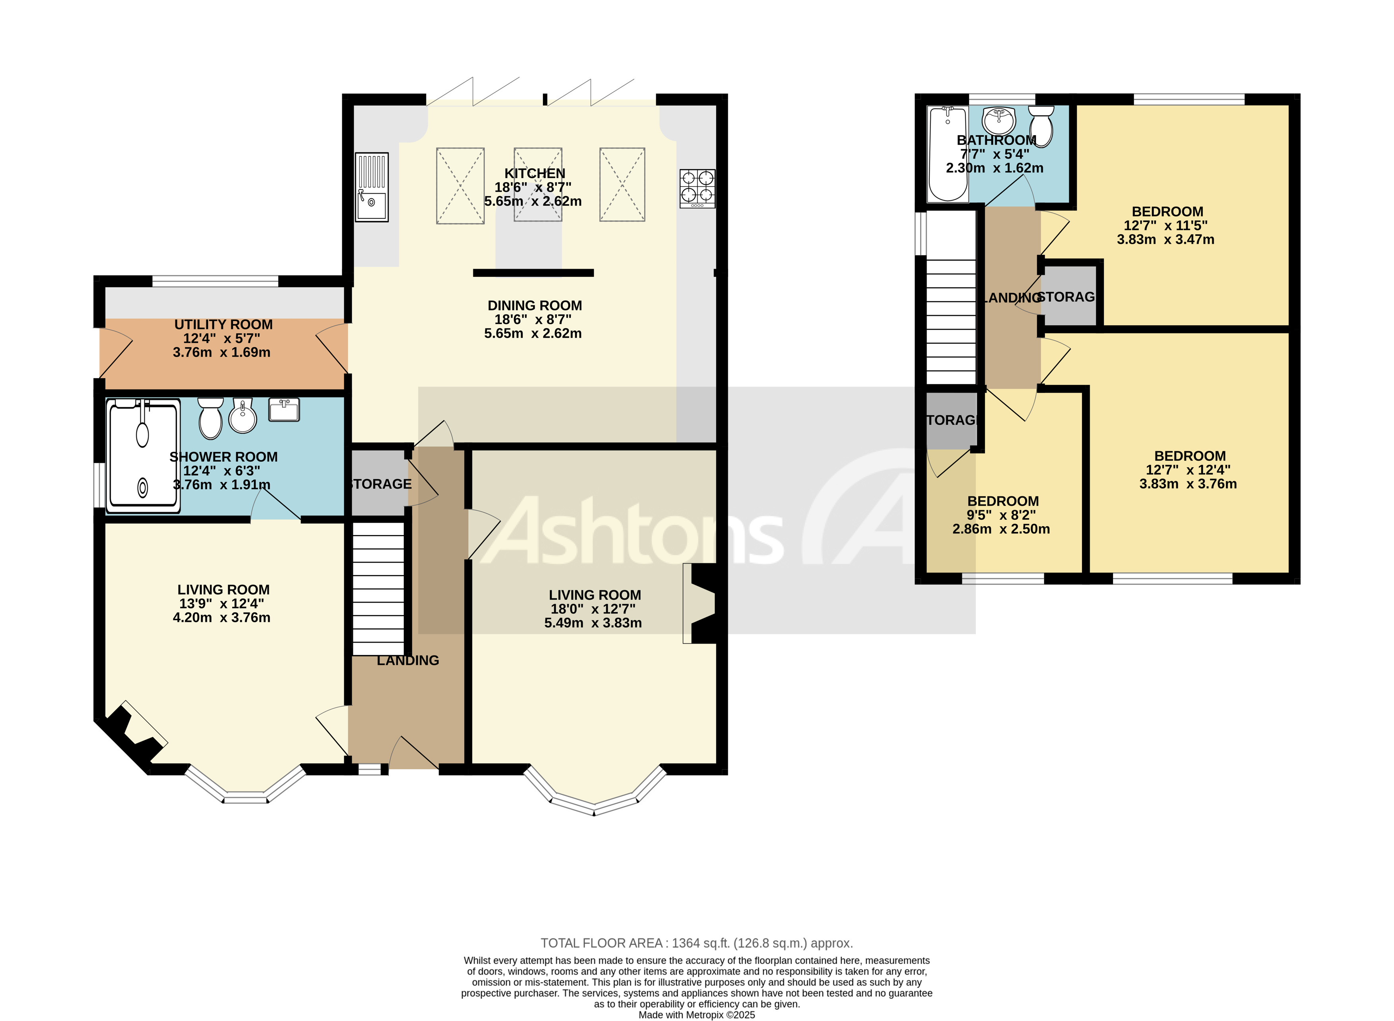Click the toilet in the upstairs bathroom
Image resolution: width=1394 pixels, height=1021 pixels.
click(x=1041, y=125)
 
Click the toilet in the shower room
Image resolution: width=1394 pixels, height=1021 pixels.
click(x=211, y=417)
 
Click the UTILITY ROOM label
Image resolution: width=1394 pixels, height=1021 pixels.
click(x=223, y=325)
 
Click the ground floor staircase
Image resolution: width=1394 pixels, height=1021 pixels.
click(x=378, y=588)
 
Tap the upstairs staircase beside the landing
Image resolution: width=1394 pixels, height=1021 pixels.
click(x=951, y=321)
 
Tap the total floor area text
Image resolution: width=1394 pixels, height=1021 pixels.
click(x=696, y=943)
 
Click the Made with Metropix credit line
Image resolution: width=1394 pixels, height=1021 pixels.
click(x=696, y=1015)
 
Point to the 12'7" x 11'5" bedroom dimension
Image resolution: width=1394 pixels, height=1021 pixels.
click(x=1165, y=226)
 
